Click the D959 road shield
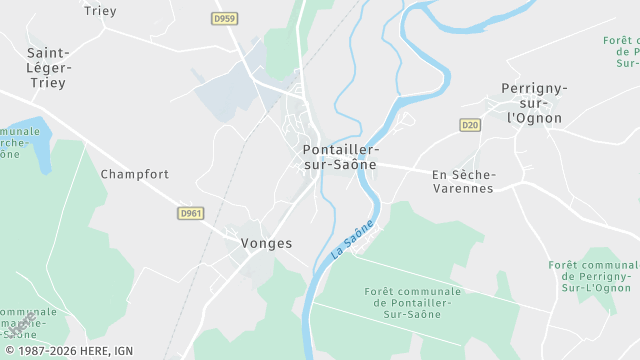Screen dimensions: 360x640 223,18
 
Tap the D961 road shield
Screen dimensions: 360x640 190,213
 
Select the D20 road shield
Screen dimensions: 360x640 470,125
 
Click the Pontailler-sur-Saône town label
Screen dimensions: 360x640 340,157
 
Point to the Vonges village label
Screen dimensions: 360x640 266,243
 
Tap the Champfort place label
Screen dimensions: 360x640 135,174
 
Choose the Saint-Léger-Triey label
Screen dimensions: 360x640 47,68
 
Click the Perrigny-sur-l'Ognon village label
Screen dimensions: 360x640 534,103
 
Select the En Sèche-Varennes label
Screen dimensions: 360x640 463,181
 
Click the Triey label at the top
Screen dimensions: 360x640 101,11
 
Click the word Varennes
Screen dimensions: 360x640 463,189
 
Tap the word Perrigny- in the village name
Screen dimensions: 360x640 534,88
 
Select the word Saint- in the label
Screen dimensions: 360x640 48,53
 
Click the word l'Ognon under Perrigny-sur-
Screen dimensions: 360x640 534,118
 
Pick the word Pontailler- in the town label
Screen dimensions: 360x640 340,150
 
